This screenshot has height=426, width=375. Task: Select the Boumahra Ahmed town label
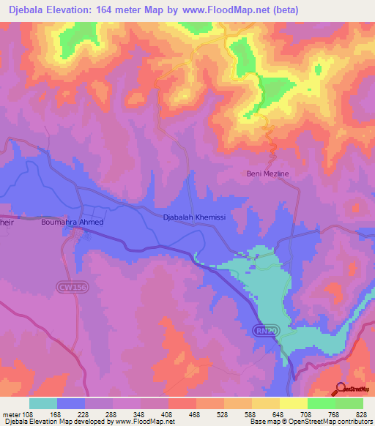[x=73, y=222]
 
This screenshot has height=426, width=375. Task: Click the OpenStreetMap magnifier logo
[x=341, y=390]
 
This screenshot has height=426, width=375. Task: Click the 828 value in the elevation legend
[x=360, y=414]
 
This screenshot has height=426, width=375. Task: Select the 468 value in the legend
[x=196, y=414]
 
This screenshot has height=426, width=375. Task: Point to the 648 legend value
[x=278, y=414]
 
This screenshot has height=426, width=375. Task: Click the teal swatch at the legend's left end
[x=43, y=403]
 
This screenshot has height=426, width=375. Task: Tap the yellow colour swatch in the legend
[x=293, y=403]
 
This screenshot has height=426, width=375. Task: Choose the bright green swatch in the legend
[x=321, y=403]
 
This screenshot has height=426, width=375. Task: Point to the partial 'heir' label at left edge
[x=7, y=222]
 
